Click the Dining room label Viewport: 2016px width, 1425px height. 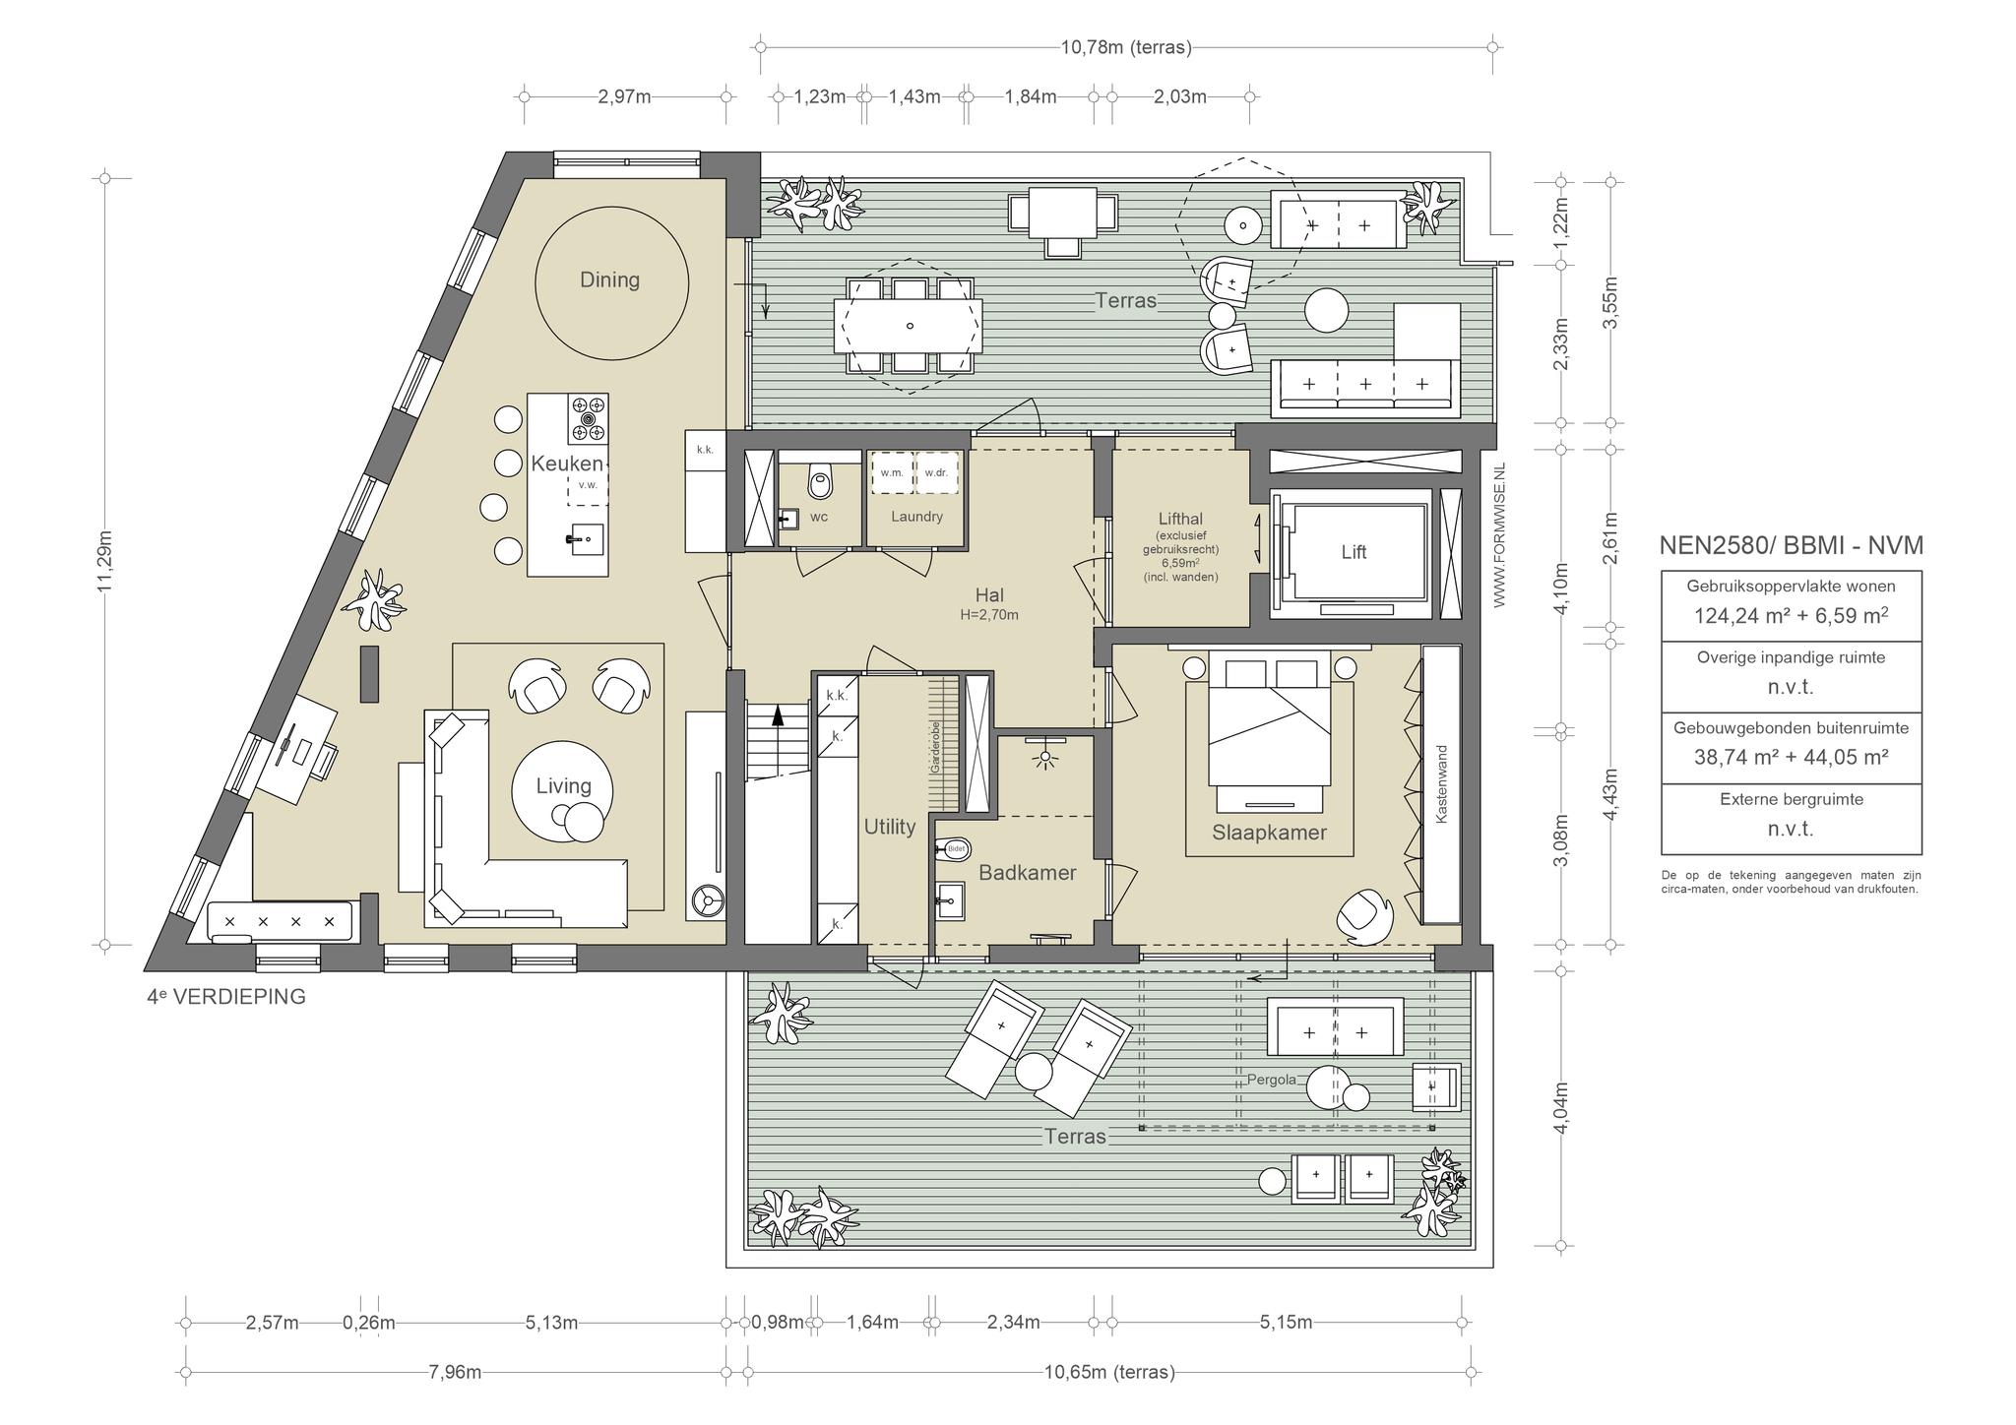click(609, 280)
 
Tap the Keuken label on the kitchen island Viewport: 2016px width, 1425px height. click(567, 464)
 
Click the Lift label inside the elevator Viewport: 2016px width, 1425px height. click(1354, 552)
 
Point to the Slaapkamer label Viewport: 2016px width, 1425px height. click(1269, 834)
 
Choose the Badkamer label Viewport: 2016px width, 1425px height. click(1027, 873)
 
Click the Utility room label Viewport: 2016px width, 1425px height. click(890, 828)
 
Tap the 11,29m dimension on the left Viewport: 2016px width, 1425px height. click(106, 561)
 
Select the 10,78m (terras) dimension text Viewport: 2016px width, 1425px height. click(1126, 47)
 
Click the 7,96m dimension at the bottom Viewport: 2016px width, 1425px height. click(455, 1373)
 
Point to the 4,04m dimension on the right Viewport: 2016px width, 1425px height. click(1560, 1108)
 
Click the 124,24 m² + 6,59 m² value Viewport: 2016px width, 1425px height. click(1791, 616)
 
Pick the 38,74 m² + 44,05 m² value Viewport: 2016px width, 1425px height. click(1791, 758)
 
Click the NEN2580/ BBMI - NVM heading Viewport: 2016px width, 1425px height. click(1791, 546)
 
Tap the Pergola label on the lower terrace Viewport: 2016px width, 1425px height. click(1271, 1080)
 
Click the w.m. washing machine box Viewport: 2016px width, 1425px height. click(892, 473)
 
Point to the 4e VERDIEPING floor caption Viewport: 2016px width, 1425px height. click(226, 997)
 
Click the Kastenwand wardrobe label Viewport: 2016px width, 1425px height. click(1441, 785)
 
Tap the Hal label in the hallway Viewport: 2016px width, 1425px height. click(989, 595)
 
